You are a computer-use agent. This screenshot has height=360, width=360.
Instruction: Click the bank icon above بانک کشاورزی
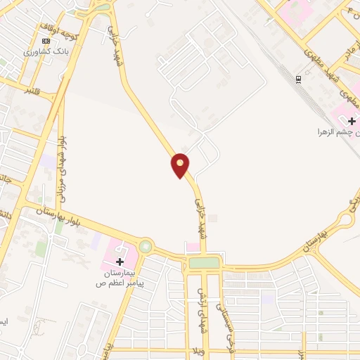pyautogui.click(x=46, y=41)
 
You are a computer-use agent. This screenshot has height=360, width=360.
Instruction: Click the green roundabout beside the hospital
pyautogui.click(x=146, y=246)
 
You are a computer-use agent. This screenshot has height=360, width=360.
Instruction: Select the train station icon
pyautogui.click(x=299, y=78)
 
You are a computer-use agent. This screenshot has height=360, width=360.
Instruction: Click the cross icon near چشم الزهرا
pyautogui.click(x=352, y=121)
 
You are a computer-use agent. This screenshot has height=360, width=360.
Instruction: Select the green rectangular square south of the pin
pyautogui.click(x=204, y=263)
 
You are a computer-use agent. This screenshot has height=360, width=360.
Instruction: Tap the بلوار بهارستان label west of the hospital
pyautogui.click(x=60, y=216)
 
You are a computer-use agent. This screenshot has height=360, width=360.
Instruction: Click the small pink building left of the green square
pyautogui.click(x=191, y=247)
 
